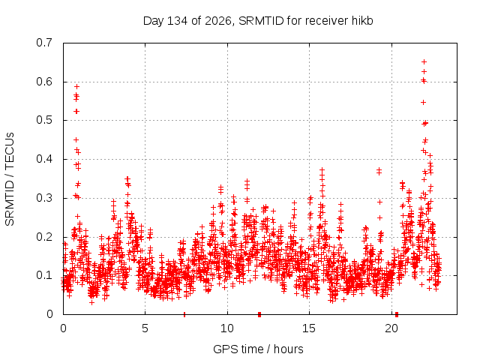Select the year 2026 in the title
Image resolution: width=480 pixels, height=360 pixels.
click(218, 21)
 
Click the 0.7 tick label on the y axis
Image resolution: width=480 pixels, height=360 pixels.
click(44, 43)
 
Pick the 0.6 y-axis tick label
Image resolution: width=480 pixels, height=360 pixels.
click(44, 82)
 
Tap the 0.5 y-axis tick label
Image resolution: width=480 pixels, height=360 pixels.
click(44, 120)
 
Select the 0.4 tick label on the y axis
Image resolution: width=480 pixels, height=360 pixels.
click(44, 159)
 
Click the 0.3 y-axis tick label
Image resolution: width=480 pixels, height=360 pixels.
click(44, 198)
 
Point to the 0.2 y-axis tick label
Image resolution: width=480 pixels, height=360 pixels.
click(44, 237)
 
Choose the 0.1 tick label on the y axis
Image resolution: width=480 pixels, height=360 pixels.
click(44, 275)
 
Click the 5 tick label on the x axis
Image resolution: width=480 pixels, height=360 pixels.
click(145, 328)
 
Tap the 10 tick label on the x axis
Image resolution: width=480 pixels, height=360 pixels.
click(227, 328)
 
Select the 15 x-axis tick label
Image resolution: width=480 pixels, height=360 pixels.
click(309, 328)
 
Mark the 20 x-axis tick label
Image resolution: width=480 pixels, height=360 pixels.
click(391, 328)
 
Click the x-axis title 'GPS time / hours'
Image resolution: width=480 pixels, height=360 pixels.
click(258, 349)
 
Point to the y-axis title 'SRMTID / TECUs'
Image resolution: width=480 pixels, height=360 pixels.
click(10, 179)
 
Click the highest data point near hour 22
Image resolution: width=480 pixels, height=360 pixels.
click(424, 61)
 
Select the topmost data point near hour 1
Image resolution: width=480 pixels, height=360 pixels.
click(76, 87)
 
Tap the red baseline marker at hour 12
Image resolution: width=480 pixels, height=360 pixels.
click(259, 314)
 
